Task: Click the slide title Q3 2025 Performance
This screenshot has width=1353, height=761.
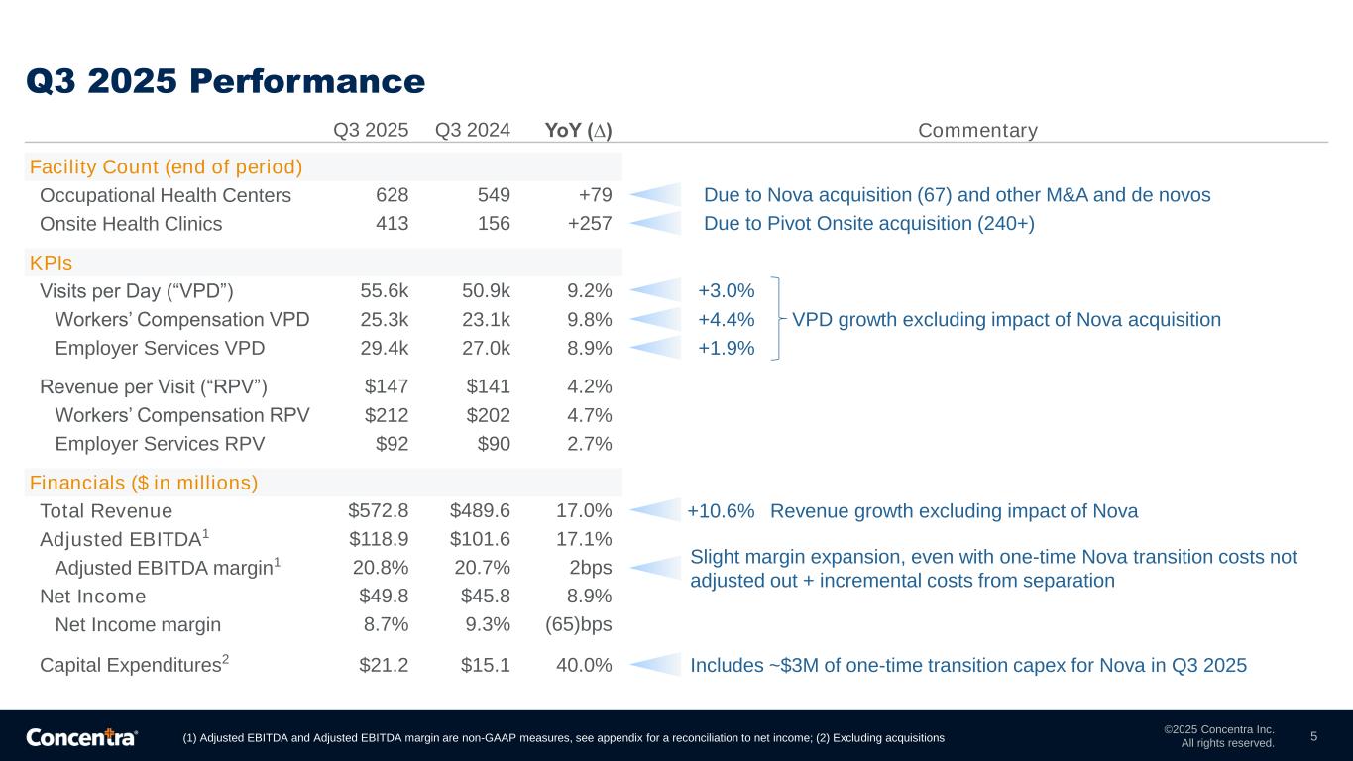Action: [225, 80]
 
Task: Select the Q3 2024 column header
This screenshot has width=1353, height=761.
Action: [473, 131]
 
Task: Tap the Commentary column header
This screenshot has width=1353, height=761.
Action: [977, 131]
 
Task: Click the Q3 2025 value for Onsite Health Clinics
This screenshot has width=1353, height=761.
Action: [391, 224]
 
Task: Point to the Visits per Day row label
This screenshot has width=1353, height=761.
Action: [137, 291]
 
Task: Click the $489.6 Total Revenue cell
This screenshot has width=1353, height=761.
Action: [480, 511]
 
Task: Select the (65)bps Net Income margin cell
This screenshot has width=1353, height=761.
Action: [579, 625]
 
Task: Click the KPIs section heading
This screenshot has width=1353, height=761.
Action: [52, 264]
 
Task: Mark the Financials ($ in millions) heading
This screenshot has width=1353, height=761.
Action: [144, 484]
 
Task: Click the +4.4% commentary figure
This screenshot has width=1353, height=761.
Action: [727, 320]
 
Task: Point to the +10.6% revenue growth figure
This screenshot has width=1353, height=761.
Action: [721, 511]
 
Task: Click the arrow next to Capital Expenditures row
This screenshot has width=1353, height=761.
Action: [656, 665]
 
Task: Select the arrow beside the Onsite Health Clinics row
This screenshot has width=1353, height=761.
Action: [656, 223]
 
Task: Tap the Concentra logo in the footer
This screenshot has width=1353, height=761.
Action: [81, 737]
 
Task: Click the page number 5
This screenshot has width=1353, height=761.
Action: [1313, 736]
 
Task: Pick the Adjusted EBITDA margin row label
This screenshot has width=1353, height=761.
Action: [168, 568]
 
